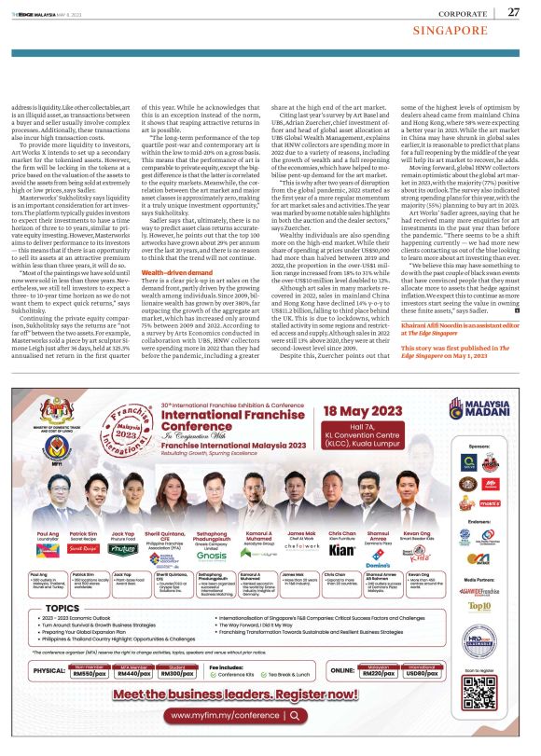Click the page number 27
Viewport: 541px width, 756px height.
pos(513,12)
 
